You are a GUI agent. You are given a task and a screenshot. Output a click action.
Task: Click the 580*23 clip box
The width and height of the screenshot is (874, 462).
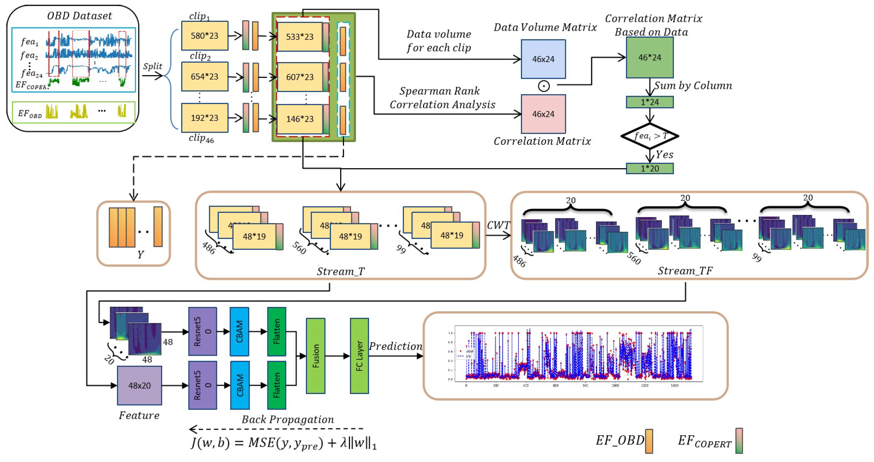(x=205, y=36)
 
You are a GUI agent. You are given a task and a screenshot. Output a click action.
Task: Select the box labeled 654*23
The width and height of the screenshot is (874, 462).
(x=205, y=77)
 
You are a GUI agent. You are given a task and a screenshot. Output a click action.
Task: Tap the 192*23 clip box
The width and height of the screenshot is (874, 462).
(x=205, y=118)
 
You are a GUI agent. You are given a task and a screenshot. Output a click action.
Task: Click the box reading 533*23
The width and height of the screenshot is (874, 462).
(x=300, y=37)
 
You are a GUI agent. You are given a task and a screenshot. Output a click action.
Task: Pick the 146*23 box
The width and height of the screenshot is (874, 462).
(x=300, y=119)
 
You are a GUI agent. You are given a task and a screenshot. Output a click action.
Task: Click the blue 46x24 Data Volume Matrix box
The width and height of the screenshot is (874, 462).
(x=543, y=59)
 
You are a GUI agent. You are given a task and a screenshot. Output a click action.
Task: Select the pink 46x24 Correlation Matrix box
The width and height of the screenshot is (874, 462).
(x=543, y=114)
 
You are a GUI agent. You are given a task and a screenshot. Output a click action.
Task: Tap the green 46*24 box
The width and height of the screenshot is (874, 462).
(x=649, y=58)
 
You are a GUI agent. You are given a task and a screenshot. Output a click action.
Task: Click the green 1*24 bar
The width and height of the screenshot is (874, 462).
(x=649, y=102)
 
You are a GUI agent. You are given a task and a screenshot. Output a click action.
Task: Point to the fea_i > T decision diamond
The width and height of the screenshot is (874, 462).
(x=649, y=136)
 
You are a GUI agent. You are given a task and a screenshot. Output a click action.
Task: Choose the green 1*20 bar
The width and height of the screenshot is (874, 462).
(x=649, y=169)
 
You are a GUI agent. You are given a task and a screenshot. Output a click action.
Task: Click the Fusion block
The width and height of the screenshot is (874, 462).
(x=315, y=356)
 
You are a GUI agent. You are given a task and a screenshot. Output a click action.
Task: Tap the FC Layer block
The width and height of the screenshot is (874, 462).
(x=359, y=356)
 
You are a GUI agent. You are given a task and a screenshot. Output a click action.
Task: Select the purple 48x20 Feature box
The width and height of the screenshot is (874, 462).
(x=139, y=385)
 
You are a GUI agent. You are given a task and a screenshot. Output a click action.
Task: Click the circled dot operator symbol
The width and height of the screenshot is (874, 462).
(x=544, y=86)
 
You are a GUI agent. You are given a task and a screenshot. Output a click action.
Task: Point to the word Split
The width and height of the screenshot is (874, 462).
(x=152, y=66)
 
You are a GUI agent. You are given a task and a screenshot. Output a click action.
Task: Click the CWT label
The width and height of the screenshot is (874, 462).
(x=498, y=225)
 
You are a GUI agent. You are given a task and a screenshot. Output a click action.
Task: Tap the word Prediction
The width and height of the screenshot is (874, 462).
(x=395, y=346)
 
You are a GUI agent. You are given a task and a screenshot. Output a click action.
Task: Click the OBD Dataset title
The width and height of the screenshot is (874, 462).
(x=79, y=16)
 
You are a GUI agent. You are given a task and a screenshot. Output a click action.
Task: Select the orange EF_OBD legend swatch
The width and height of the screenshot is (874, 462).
(x=649, y=441)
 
